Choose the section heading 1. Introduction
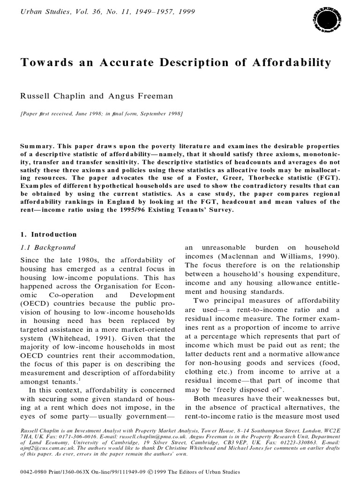pos(49,234)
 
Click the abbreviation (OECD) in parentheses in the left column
pos(34,304)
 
